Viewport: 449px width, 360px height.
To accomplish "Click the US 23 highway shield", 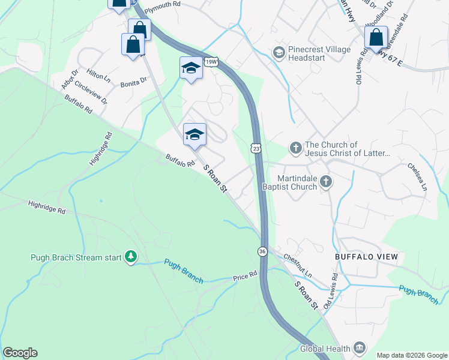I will [x=256, y=147].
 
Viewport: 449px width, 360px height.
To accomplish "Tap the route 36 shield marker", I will [x=262, y=251].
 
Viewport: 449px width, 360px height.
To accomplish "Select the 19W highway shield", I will [x=210, y=61].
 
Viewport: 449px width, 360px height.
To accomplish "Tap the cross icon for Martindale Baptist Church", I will [x=325, y=182].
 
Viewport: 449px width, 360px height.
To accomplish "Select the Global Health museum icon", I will [x=359, y=348].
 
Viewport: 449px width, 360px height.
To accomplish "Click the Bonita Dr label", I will [x=133, y=81].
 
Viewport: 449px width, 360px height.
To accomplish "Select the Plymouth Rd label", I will [x=162, y=4].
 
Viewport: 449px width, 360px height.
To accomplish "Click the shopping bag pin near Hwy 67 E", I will [x=376, y=37].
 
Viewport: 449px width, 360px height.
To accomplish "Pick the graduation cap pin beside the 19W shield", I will [x=191, y=68].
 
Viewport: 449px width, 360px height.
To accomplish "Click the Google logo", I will [x=20, y=353].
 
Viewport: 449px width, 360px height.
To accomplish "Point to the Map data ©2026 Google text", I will [x=411, y=355].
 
